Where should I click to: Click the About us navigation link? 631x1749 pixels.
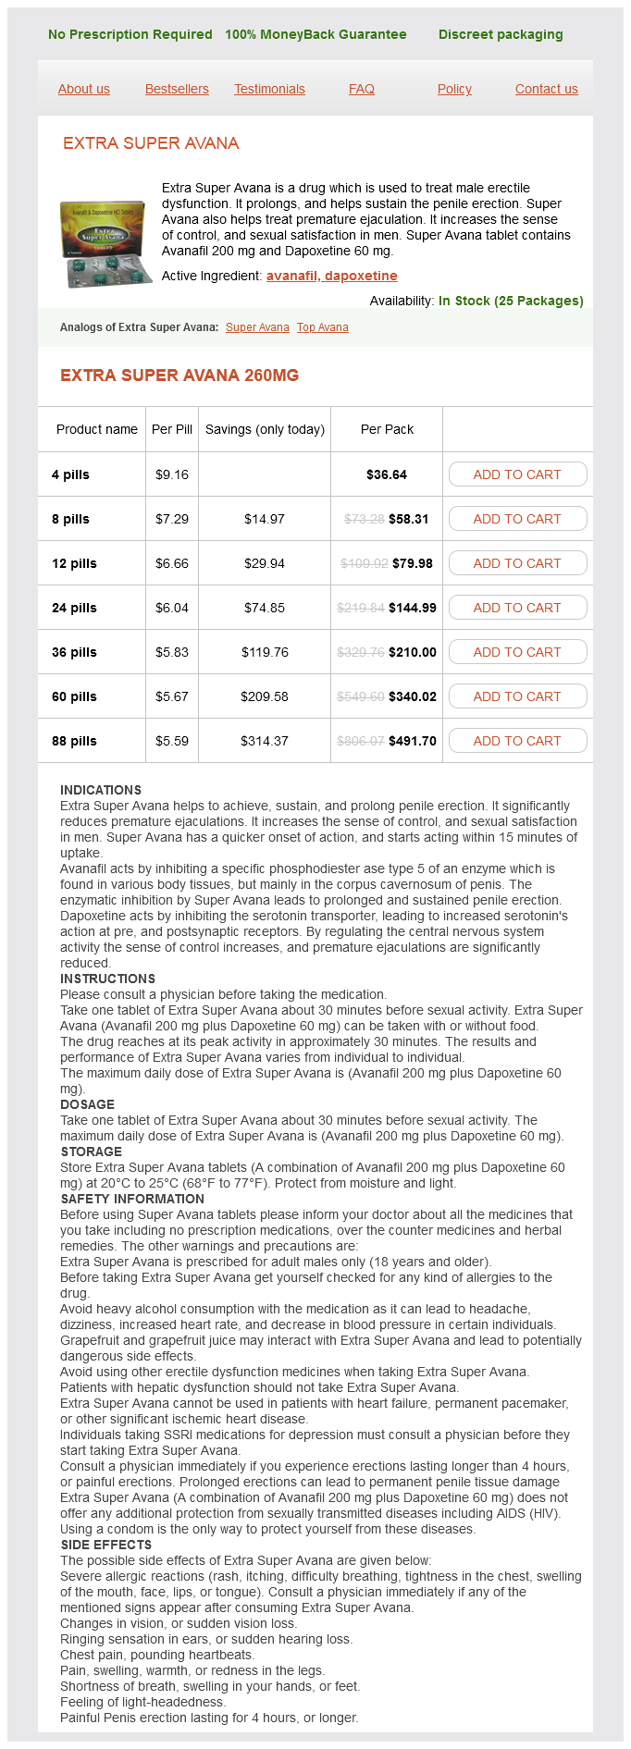(84, 89)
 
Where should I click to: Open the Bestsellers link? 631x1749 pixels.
(177, 89)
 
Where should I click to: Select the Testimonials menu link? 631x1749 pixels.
(269, 89)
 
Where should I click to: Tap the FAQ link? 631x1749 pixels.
(362, 89)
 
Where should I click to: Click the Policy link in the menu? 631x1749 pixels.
(454, 89)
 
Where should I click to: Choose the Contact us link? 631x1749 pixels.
(546, 89)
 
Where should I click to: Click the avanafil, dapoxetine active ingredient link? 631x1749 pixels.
(331, 276)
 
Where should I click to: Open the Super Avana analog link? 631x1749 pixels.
(257, 327)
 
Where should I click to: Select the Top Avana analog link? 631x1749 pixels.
(323, 327)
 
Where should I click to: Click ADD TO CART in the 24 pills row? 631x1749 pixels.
(517, 608)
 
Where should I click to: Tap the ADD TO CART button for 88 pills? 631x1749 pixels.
(517, 741)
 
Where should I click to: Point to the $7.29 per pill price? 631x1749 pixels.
(172, 519)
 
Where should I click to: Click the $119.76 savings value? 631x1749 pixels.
(265, 652)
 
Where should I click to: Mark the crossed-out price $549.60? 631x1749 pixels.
(361, 696)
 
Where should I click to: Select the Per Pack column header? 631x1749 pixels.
(387, 429)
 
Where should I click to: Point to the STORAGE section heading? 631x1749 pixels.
(91, 1152)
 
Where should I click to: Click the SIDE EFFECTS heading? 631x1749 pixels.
(105, 1545)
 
